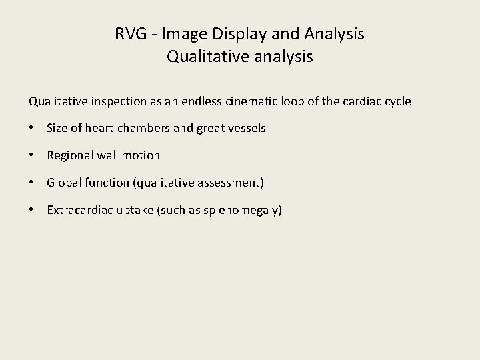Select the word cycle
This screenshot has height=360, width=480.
tap(397, 102)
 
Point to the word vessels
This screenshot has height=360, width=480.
tap(247, 128)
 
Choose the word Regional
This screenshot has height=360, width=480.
tap(69, 155)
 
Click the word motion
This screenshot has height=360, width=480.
tap(142, 155)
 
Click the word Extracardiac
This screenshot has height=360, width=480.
tap(79, 210)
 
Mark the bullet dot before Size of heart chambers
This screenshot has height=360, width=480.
tap(32, 128)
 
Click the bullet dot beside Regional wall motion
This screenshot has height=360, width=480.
tap(32, 155)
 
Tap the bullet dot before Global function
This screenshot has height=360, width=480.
tap(32, 183)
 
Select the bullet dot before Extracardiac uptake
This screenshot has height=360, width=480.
tap(32, 210)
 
